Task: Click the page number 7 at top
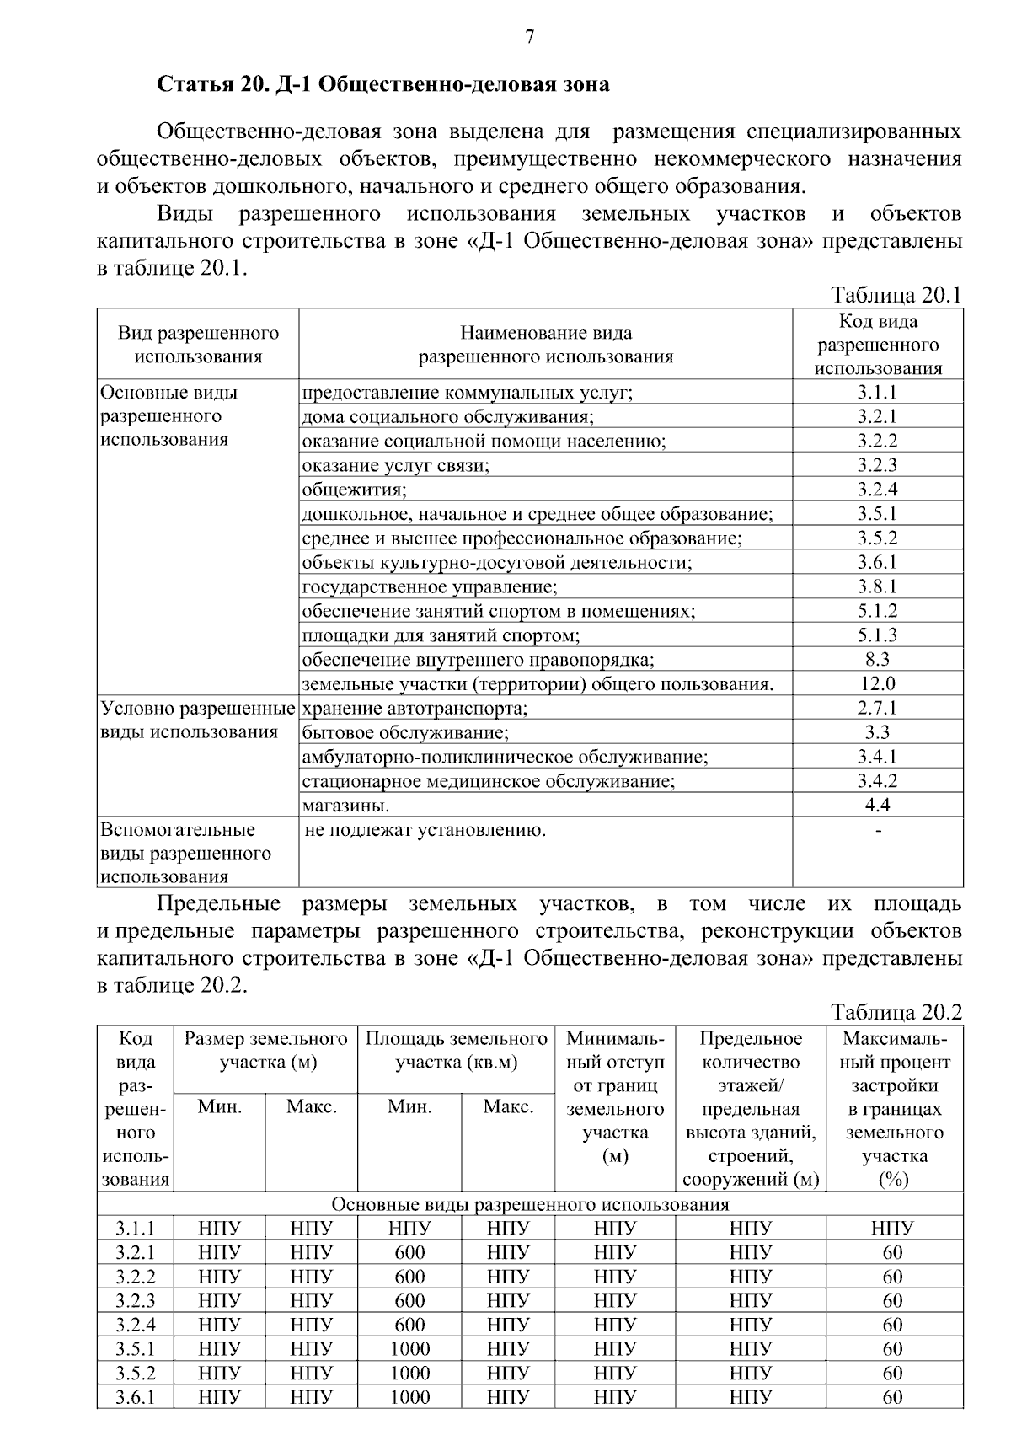pos(530,37)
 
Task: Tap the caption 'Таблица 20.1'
pos(896,295)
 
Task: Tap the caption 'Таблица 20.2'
pos(896,1012)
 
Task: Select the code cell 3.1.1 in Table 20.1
pos(877,392)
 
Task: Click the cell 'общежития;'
pos(355,490)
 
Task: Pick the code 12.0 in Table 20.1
pos(877,683)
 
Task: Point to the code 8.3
pos(877,659)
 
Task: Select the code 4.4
pos(877,806)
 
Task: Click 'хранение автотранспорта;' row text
pos(415,708)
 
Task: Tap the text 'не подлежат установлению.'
pos(425,830)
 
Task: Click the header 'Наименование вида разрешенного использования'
pos(546,345)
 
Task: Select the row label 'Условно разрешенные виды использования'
pos(197,720)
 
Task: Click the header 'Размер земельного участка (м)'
pos(266,1050)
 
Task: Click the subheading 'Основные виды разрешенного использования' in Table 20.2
pos(530,1204)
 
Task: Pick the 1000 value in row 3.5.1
pos(409,1349)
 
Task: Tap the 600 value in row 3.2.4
pos(409,1325)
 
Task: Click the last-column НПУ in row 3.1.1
pos(893,1228)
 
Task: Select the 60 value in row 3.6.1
pos(893,1397)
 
